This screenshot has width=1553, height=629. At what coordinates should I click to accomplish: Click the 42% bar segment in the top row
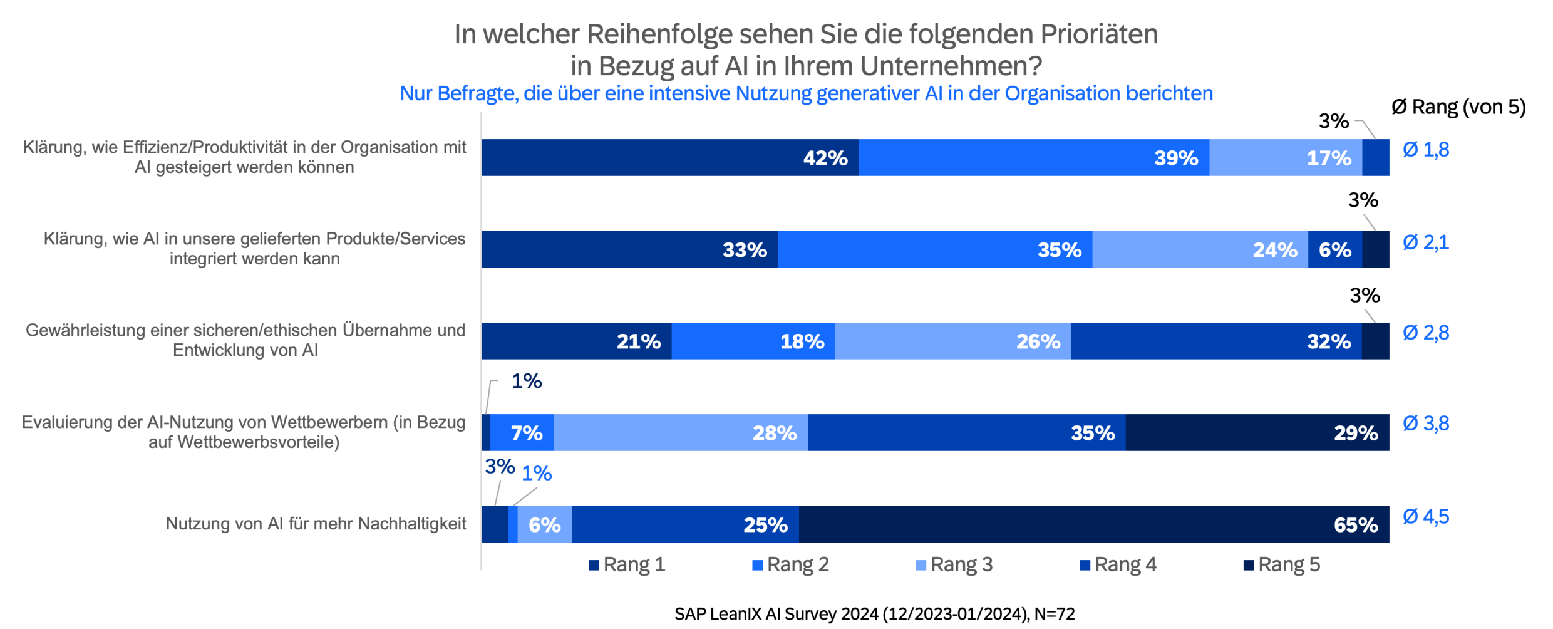(x=669, y=157)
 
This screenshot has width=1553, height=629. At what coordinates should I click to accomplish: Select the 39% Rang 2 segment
(x=1033, y=157)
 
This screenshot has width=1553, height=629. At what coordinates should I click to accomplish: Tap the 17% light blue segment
(x=1285, y=157)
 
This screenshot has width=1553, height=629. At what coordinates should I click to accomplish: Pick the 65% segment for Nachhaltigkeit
(x=1093, y=524)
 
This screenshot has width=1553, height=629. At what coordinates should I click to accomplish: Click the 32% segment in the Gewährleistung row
(x=1216, y=341)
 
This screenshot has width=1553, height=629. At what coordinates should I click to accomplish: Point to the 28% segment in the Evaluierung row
(x=681, y=432)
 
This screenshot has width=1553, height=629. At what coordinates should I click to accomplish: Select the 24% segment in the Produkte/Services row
(x=1200, y=249)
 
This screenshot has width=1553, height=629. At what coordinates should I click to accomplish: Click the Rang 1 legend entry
(x=627, y=565)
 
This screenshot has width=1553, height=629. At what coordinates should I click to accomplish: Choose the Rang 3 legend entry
(x=954, y=565)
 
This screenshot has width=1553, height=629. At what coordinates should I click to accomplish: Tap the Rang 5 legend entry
(x=1281, y=565)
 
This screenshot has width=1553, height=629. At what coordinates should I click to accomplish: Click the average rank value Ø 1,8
(x=1426, y=150)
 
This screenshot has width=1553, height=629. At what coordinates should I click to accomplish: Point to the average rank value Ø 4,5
(x=1426, y=517)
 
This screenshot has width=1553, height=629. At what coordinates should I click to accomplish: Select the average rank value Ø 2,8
(x=1426, y=333)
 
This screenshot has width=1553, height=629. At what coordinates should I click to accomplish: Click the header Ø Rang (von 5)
(x=1458, y=107)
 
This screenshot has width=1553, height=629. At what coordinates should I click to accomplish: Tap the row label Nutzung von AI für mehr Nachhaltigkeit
(x=316, y=524)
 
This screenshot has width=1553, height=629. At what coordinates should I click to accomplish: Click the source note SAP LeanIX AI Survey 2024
(x=874, y=614)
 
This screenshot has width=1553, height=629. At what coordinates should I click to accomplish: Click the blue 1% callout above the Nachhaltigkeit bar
(x=537, y=474)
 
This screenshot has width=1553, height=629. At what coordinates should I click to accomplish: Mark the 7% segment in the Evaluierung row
(x=522, y=432)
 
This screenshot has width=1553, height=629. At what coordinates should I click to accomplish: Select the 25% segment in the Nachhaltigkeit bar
(x=685, y=524)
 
